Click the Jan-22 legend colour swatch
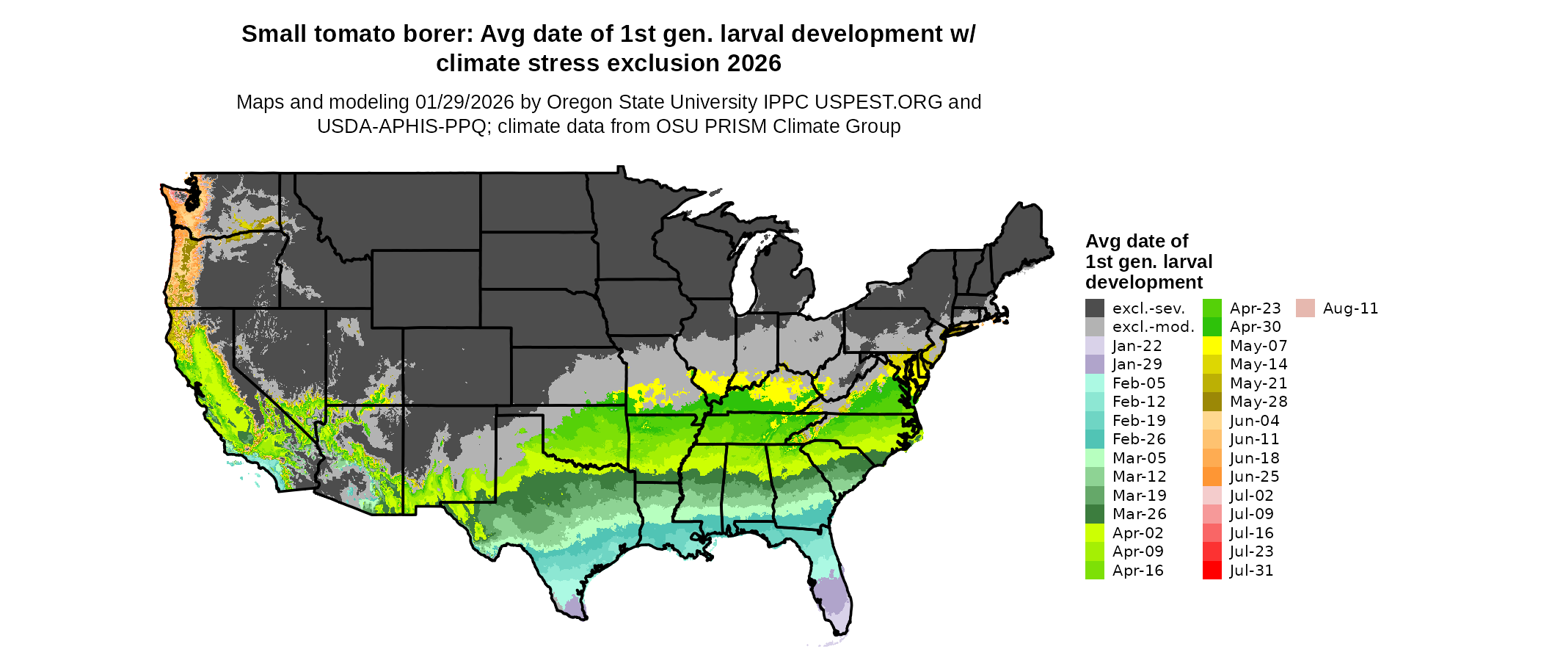point(1094,346)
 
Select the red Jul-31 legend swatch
point(1212,571)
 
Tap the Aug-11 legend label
point(1350,308)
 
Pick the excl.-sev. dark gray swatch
point(1094,308)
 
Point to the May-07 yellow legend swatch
point(1212,346)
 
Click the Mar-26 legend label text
point(1139,514)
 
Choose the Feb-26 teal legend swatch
point(1094,439)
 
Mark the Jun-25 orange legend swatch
point(1212,477)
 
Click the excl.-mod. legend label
point(1153,327)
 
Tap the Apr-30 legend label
point(1255,327)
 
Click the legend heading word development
point(1144,282)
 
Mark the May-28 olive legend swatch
point(1212,402)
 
